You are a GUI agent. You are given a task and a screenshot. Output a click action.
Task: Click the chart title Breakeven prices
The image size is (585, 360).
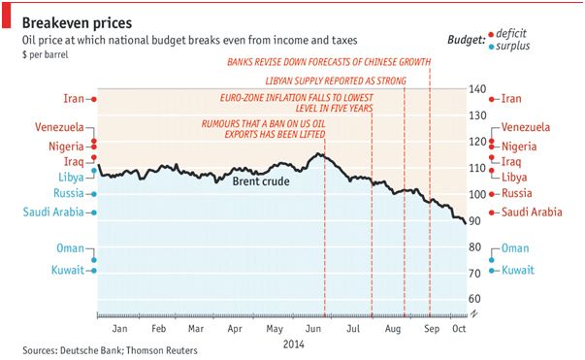77,23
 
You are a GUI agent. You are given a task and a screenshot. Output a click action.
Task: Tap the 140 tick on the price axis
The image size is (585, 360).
477,89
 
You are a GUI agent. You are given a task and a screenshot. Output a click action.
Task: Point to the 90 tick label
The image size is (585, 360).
475,221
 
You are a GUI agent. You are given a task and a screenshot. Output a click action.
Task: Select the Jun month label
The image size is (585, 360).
313,329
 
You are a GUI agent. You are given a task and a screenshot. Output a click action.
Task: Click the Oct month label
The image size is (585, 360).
459,328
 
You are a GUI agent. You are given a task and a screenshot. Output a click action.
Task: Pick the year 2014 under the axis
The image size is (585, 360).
294,344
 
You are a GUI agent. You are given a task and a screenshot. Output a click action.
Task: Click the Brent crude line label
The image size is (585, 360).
261,181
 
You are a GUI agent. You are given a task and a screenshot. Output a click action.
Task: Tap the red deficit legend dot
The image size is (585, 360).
491,35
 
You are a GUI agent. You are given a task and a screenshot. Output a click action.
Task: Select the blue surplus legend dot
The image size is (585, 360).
491,47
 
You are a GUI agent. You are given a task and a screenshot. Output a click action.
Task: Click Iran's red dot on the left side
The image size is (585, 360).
94,99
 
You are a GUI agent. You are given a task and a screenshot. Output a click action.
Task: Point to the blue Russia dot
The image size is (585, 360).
94,194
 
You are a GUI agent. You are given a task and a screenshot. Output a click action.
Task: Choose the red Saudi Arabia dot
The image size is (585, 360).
492,213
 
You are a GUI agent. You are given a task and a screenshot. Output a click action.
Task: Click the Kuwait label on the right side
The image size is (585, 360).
518,270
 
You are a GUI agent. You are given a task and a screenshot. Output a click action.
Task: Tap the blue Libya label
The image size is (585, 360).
71,177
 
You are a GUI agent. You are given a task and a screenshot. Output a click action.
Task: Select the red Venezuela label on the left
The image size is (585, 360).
59,127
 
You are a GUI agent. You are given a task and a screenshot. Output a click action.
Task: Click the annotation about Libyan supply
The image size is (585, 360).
336,81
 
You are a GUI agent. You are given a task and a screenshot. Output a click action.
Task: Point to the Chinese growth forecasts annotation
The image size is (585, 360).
329,62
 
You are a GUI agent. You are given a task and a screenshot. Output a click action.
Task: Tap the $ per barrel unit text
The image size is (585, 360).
46,55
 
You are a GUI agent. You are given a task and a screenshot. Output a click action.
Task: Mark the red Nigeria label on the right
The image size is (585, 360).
519,147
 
